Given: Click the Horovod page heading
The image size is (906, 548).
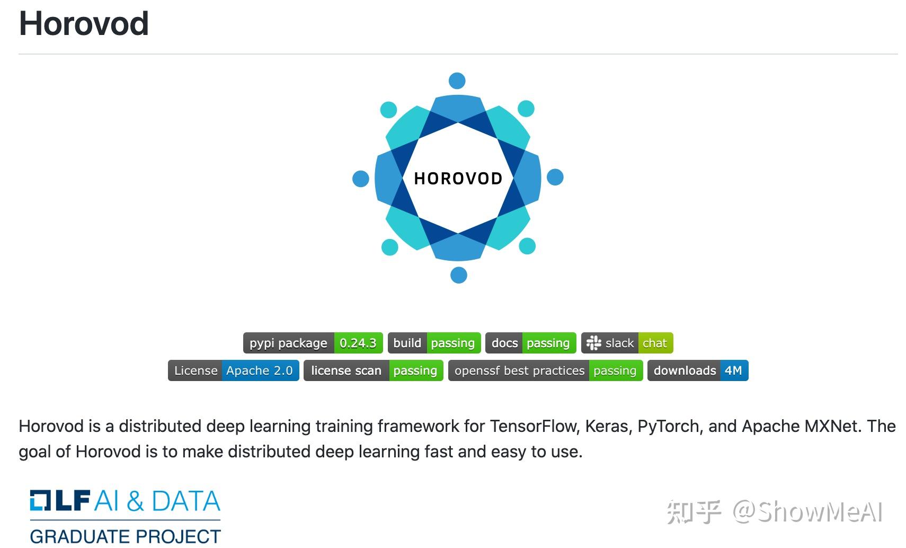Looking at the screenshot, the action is click(84, 23).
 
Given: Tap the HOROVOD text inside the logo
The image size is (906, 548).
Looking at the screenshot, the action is click(458, 179).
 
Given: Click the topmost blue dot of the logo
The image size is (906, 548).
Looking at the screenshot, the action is click(457, 81).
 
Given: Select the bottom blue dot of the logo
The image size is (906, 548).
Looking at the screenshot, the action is click(459, 275).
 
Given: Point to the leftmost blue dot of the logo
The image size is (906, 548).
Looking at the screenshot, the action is click(361, 179).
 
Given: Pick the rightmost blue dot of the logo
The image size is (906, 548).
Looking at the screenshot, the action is click(555, 177).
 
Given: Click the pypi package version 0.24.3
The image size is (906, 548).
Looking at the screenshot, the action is click(358, 343).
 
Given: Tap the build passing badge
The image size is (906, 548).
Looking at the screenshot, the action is click(434, 343).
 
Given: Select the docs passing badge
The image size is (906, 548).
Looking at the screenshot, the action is click(531, 343).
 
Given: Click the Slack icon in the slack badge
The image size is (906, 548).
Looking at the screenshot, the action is click(594, 343).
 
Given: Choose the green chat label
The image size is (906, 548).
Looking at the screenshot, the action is click(655, 343).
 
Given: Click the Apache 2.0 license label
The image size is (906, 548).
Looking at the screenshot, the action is click(260, 370).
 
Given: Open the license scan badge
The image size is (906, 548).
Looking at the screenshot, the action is click(374, 370).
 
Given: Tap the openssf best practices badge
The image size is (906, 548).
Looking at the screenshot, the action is click(545, 370).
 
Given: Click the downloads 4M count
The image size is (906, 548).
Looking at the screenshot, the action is click(733, 370).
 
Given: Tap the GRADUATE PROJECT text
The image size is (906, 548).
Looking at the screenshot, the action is click(126, 537).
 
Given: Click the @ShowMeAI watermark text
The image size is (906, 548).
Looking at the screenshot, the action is click(807, 511).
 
